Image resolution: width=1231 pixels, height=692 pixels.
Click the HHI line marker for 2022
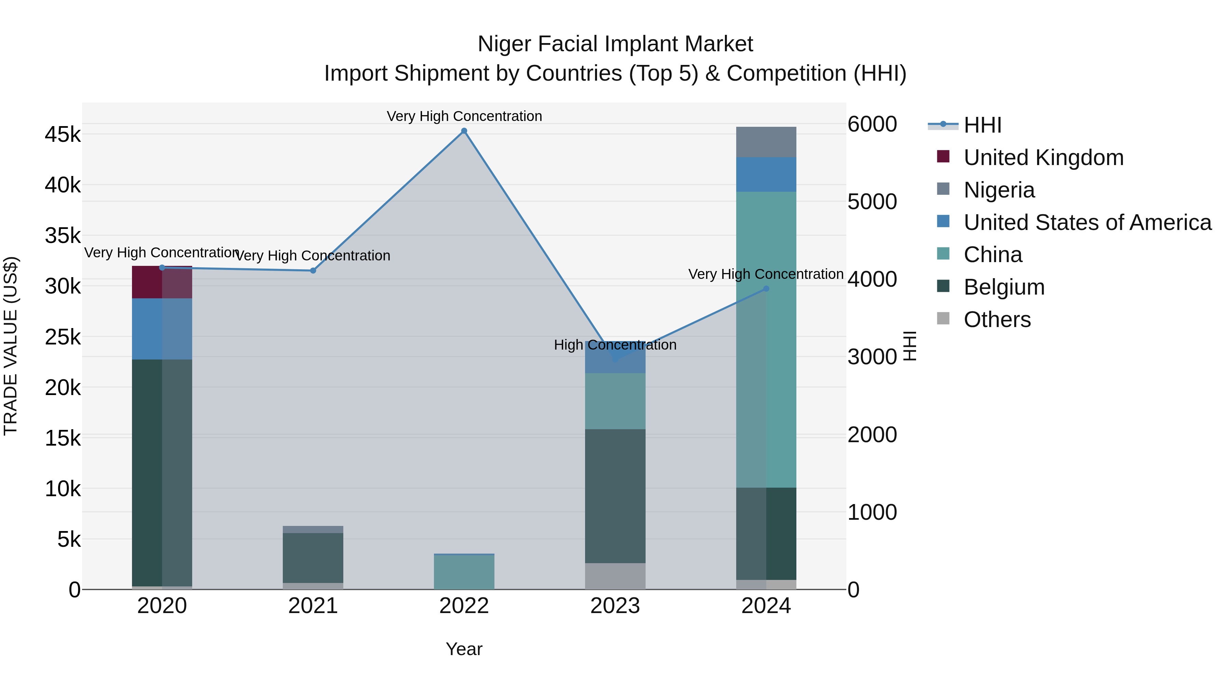coord(464,131)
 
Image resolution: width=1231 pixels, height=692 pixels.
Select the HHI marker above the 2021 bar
coord(313,271)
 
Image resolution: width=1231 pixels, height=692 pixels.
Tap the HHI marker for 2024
coord(766,288)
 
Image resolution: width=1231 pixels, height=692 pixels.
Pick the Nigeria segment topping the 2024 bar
coord(766,142)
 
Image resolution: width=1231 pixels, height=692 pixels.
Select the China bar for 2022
coord(464,572)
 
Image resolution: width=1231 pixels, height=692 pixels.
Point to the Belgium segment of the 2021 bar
coord(313,557)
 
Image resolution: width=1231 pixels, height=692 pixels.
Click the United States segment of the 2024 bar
coord(766,174)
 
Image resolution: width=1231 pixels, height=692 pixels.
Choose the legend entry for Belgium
coord(1004,287)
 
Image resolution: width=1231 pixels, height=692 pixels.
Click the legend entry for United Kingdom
coord(1043,158)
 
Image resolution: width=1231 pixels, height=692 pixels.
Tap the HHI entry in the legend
coord(982,125)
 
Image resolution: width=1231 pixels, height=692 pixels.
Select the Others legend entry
coord(997,320)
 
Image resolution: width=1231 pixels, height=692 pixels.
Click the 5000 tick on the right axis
coord(872,202)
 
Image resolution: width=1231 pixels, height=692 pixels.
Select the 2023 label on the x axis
coord(615,606)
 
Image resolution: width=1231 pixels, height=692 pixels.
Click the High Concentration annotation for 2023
coord(615,345)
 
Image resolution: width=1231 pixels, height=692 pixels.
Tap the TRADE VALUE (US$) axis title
coord(11,346)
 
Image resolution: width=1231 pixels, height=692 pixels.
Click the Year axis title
coord(464,649)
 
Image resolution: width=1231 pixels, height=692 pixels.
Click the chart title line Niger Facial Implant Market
coord(615,44)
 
